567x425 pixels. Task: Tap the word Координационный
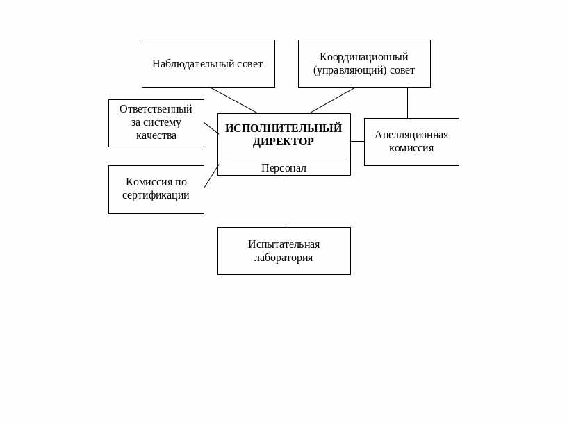click(363, 57)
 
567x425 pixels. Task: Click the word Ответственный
click(156, 109)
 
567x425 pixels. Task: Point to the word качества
click(156, 135)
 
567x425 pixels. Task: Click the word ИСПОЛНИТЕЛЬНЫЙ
click(283, 128)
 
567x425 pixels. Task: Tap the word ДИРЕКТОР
click(283, 142)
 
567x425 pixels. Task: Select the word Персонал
click(283, 168)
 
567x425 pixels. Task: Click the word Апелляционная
click(411, 135)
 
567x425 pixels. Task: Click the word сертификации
click(156, 195)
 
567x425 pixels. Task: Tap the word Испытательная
click(283, 244)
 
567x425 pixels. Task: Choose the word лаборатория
click(283, 258)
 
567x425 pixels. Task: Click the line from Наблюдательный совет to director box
click(234, 100)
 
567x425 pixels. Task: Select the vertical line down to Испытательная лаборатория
click(286, 201)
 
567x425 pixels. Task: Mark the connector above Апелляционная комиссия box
click(407, 103)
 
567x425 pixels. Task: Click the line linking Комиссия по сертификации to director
click(211, 176)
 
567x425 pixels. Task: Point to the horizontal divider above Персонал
click(283, 156)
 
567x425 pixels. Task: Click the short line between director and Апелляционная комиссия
click(357, 142)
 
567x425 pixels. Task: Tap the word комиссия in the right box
click(411, 148)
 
